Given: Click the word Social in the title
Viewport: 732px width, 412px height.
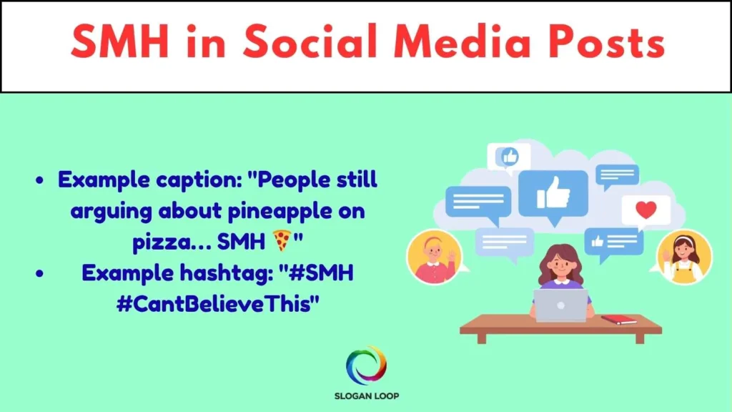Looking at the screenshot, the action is (x=310, y=41).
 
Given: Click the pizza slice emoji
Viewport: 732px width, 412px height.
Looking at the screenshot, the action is (x=282, y=240).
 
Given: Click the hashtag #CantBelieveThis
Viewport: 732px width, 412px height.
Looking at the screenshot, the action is (x=217, y=304).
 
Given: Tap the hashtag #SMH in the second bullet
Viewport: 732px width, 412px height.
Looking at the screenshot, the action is (x=321, y=273).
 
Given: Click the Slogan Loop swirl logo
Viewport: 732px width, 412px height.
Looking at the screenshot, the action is (x=366, y=365).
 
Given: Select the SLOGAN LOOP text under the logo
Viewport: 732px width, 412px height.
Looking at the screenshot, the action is (x=367, y=396).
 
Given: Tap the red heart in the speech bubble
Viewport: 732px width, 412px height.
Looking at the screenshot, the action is (x=646, y=210).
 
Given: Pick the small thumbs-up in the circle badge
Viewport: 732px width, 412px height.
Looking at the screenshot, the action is (x=509, y=157).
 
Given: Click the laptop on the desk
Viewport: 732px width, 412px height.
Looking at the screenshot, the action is (x=560, y=305).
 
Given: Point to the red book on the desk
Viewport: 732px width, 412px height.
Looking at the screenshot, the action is (x=618, y=320).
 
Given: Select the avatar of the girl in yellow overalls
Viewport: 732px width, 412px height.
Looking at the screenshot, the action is (x=684, y=257).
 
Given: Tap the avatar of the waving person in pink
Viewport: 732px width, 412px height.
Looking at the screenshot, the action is (x=434, y=257).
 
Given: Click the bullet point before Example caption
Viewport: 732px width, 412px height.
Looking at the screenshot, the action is (x=40, y=181).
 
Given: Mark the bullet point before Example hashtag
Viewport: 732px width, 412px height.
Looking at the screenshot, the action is (x=40, y=274).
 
